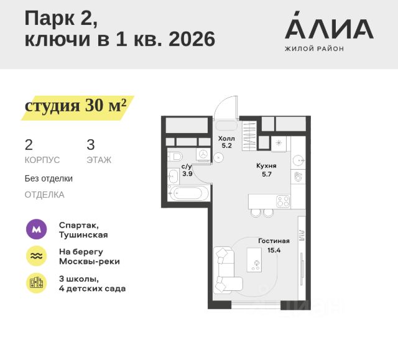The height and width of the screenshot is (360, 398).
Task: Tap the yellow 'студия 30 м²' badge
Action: (76, 106)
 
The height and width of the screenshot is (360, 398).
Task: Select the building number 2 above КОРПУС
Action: (29, 145)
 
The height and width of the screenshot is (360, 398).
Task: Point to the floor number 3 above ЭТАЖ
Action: (91, 145)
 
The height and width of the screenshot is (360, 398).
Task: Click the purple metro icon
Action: (36, 229)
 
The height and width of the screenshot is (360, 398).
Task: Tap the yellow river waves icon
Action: (36, 256)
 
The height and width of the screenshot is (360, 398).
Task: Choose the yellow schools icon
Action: (36, 283)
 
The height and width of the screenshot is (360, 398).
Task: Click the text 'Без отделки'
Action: (49, 178)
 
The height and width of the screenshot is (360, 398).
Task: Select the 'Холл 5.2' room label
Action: (225, 142)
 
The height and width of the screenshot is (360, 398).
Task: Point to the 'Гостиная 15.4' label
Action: (274, 245)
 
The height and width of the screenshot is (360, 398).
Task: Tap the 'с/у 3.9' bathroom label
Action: (187, 170)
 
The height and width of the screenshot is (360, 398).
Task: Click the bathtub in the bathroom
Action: (187, 193)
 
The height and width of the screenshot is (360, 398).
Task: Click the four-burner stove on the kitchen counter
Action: (282, 201)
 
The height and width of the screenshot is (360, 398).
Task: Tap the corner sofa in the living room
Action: (225, 270)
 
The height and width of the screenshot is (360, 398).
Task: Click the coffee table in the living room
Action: (255, 261)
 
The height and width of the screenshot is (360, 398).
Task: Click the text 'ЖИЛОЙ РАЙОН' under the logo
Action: (314, 48)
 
